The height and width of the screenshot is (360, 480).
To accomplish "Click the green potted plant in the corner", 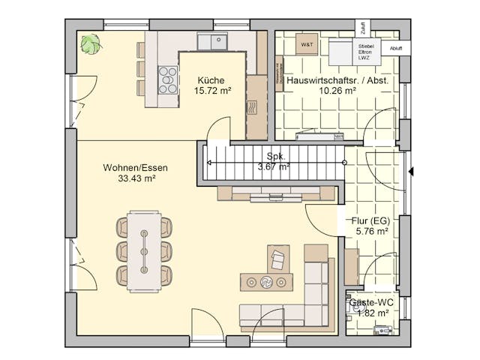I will click(91, 44).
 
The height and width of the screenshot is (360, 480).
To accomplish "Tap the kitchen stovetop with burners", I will click(167, 78).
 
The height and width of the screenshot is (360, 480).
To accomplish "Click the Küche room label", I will click(211, 80).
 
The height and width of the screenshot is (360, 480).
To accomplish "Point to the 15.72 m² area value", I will click(212, 91).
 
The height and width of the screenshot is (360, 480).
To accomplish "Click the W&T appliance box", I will click(307, 46).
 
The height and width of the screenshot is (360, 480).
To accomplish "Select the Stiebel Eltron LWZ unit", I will click(365, 52).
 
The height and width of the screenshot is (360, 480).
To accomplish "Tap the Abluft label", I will click(395, 48).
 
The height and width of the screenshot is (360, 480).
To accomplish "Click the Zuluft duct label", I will click(363, 28).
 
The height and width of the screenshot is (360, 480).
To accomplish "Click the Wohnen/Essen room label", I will click(136, 168).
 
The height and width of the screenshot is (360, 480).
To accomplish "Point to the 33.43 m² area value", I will click(136, 179).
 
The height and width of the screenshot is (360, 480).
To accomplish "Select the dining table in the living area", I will click(144, 250).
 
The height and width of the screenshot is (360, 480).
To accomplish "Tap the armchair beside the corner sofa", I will click(279, 259).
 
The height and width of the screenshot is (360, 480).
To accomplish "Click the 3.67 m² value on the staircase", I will click(272, 166).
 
